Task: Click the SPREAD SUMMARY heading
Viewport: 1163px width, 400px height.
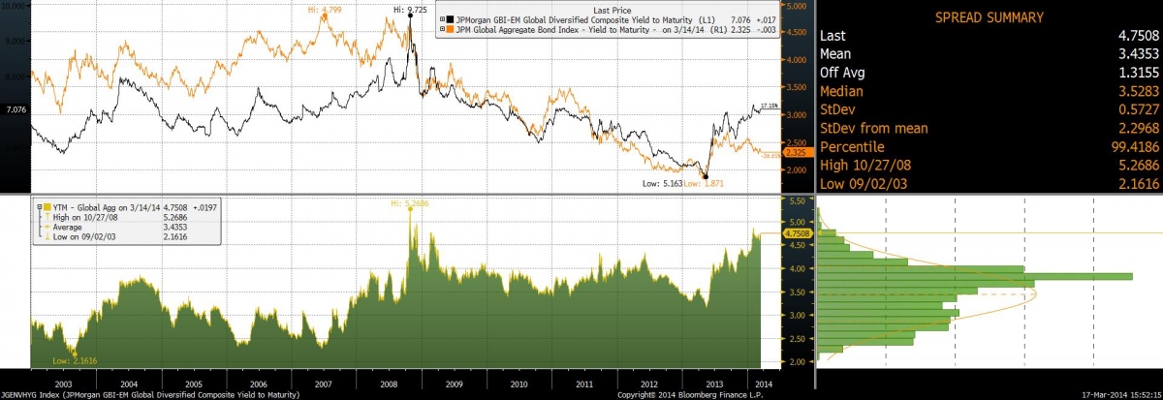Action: tap(988, 17)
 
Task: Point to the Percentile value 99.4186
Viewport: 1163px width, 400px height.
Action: tap(1126, 145)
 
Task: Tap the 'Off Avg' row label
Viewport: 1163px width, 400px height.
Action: tap(841, 72)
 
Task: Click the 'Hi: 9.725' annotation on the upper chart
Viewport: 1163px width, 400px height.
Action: tap(410, 10)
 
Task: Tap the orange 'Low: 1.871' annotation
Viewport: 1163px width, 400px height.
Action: tap(704, 183)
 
